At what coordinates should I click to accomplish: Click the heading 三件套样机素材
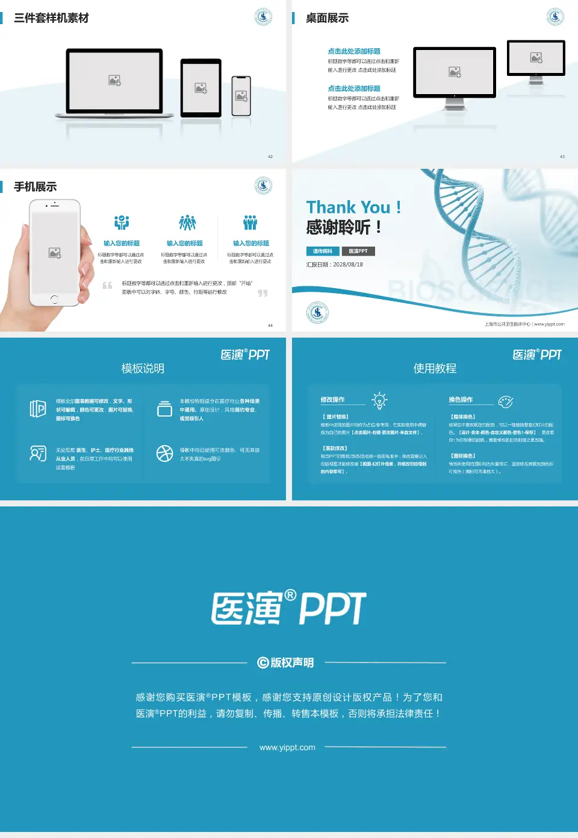[51, 18]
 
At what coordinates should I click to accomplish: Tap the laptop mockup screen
[114, 80]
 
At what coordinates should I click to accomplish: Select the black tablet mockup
[201, 88]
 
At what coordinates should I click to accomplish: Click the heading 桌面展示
[327, 18]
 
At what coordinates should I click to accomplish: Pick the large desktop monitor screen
[455, 72]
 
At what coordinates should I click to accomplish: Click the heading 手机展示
[36, 187]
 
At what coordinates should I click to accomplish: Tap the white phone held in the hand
[55, 252]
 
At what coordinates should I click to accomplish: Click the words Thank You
[348, 207]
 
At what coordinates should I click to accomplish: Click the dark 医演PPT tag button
[358, 251]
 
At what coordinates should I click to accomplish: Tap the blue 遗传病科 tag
[323, 251]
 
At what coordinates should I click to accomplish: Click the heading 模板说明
[143, 368]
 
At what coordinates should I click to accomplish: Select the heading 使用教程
[435, 368]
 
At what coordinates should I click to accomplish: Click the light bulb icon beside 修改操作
[379, 400]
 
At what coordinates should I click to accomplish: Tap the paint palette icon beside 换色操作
[506, 402]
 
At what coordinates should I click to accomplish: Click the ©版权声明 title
[286, 663]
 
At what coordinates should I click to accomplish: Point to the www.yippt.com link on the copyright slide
[287, 748]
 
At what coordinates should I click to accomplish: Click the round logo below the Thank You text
[317, 312]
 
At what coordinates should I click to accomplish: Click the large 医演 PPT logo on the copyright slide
[288, 608]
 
